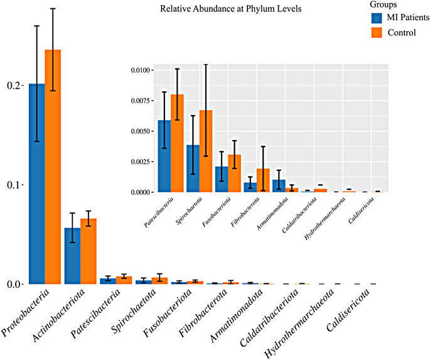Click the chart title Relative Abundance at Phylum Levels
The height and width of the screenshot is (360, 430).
(x=230, y=9)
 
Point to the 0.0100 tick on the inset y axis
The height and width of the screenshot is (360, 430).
(x=139, y=70)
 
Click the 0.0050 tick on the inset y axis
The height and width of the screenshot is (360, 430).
(x=139, y=131)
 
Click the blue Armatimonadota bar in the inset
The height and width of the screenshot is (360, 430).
(x=278, y=186)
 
